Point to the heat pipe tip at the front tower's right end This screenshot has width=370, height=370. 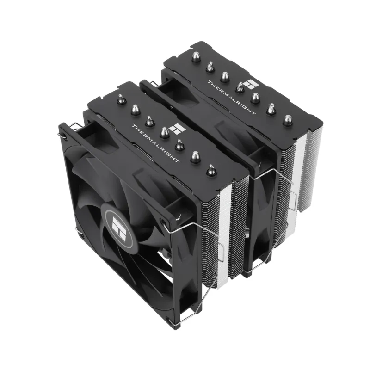tap(211, 170)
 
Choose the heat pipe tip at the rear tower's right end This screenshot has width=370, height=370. tap(288, 120)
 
